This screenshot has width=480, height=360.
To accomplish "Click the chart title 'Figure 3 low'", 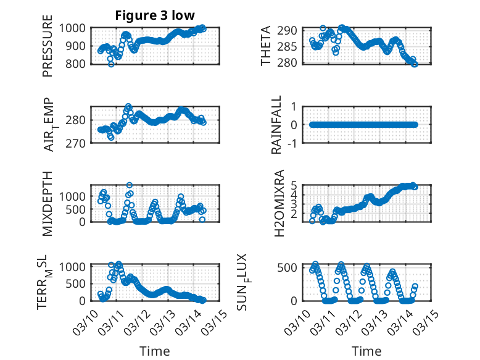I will (x=155, y=15).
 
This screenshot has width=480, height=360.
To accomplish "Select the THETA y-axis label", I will (x=266, y=46).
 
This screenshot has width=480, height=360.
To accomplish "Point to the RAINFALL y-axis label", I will (x=277, y=125).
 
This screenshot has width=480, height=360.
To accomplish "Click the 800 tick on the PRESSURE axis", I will (x=79, y=64).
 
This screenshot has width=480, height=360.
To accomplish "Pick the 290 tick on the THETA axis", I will (x=292, y=30).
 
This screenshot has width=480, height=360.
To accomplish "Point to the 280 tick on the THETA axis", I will (x=292, y=62).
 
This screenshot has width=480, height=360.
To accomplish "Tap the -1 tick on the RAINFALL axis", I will (x=296, y=143).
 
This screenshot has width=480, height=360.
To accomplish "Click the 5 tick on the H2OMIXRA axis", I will (x=295, y=184).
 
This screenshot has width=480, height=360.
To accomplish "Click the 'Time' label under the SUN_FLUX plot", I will (x=366, y=351).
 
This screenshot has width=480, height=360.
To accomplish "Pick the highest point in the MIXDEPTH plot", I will (x=130, y=185).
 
